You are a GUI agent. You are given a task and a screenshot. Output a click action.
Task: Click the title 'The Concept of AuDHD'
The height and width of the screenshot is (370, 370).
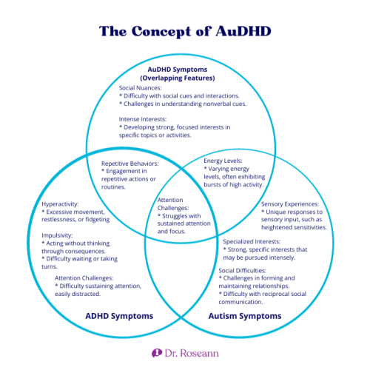click(185, 32)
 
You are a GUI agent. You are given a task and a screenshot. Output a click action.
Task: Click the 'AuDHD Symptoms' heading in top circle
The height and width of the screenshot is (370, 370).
click(185, 70)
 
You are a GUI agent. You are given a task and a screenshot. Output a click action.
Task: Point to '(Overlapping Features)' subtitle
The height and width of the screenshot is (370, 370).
click(185, 78)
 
